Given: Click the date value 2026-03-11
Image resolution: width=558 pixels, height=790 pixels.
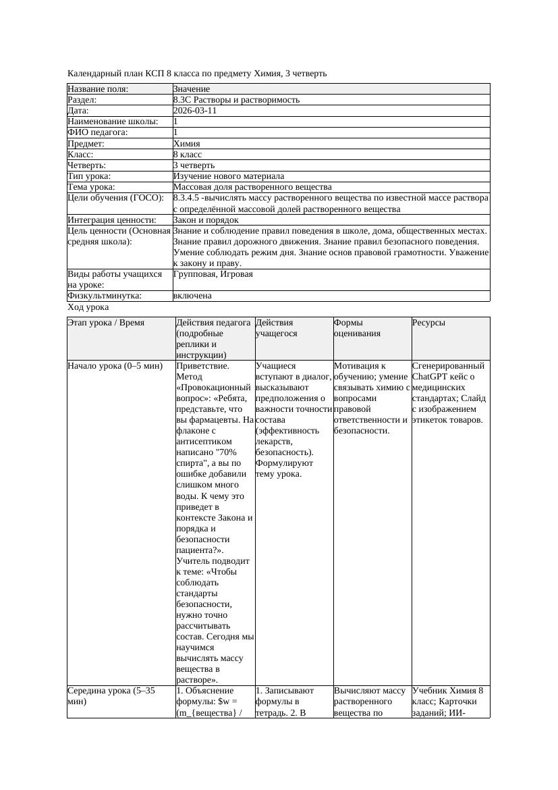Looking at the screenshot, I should [195, 111].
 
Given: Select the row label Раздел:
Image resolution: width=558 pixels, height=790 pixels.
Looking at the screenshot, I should [84, 100].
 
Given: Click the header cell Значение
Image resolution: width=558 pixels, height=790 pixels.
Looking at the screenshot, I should [192, 89].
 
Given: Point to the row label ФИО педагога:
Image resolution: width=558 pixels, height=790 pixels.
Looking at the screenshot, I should [98, 132].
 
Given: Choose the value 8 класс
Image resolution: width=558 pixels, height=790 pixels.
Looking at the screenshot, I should [188, 155].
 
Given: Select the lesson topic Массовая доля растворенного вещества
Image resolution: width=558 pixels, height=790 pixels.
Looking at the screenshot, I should [252, 187].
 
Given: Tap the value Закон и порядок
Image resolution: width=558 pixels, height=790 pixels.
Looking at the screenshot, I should [206, 220].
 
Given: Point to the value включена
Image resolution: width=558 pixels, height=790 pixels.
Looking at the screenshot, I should [192, 296].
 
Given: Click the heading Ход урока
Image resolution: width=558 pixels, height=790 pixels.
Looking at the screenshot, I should [88, 307].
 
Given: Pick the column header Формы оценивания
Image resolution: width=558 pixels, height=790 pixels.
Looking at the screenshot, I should [358, 327].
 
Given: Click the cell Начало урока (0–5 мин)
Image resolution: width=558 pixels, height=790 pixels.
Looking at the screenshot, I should [115, 366].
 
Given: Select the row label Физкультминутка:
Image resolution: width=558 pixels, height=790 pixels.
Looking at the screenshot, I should [105, 296].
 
